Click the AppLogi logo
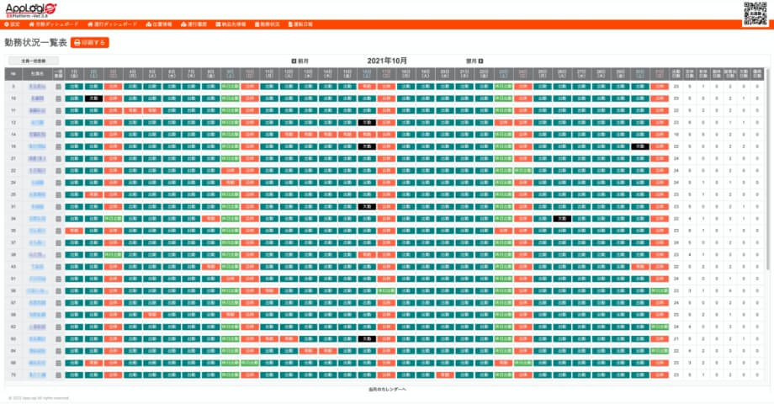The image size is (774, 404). point(31,9)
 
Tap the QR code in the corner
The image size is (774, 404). point(755,14)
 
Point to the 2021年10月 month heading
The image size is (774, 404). point(387,61)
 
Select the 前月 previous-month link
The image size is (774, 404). point(300,61)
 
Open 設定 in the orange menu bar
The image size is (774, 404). point(13,25)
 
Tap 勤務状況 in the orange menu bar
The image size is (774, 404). point(268,25)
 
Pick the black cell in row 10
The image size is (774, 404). point(94,98)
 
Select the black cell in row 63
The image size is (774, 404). point(365,338)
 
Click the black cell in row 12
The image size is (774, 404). point(365,122)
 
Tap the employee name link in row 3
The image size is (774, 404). point(37,86)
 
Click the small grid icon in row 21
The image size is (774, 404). point(58,158)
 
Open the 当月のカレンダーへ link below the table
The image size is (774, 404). point(387,390)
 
